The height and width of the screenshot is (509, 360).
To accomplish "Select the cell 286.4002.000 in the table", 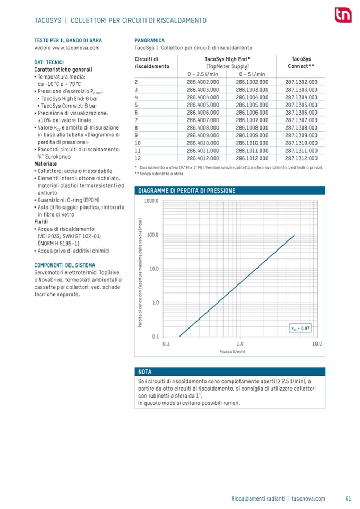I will tap(202, 82).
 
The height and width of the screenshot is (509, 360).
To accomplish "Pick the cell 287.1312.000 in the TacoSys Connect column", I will tap(301, 158).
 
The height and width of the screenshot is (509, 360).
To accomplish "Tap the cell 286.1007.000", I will tap(252, 120).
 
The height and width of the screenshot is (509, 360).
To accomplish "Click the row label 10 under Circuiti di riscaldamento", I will tap(138, 143).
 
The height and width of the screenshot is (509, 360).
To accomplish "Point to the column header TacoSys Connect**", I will tap(301, 63).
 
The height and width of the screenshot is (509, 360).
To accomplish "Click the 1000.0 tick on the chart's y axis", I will tap(151, 201).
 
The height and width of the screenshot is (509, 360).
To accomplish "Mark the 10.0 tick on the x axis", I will tap(317, 343).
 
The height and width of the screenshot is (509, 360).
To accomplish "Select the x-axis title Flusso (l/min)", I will tap(232, 351).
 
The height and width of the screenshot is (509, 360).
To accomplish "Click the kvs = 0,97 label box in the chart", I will tap(299, 327).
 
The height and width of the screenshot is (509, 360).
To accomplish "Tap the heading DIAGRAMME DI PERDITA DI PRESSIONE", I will tap(186, 190).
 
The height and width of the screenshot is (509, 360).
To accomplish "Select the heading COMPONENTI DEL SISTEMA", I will tap(64, 265).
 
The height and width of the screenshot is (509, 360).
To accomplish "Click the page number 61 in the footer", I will tap(348, 498).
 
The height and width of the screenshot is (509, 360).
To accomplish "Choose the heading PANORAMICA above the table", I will tap(149, 40).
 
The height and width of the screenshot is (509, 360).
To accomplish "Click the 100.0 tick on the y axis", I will tap(152, 235).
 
